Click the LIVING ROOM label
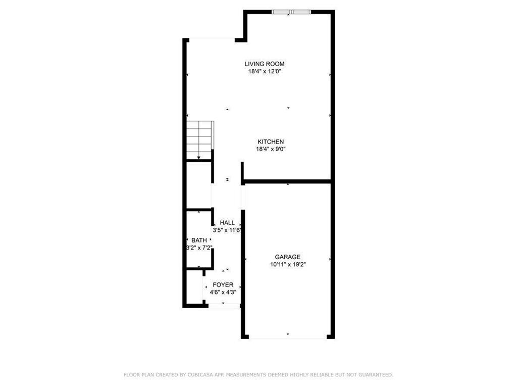264,64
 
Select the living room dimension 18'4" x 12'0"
264,72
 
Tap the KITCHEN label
271,141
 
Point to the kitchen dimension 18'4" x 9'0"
271,149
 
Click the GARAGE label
287,257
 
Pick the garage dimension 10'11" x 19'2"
287,264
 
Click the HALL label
227,222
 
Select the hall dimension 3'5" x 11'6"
227,230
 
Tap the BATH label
199,240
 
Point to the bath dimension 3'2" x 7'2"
199,248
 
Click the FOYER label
223,284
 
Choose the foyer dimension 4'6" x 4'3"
223,292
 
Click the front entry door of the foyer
224,306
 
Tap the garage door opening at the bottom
287,336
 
